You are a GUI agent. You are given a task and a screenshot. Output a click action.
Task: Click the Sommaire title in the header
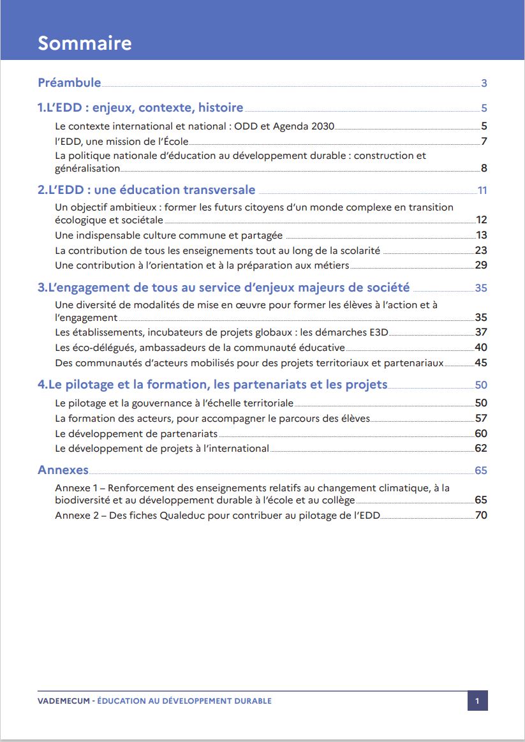[85, 43]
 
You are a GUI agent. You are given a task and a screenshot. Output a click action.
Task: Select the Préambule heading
[70, 82]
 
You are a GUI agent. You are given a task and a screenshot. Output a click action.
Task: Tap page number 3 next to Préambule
[484, 83]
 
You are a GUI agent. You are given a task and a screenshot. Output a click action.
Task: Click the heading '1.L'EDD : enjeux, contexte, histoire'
[140, 108]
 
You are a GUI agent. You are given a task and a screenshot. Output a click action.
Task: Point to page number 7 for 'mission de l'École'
[484, 141]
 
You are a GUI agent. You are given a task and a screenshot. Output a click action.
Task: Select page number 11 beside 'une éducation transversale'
[482, 190]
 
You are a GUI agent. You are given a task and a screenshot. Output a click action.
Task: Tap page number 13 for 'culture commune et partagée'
[481, 235]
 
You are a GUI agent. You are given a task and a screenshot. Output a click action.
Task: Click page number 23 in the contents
[481, 250]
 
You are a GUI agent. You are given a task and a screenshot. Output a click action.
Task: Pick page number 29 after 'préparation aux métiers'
[481, 265]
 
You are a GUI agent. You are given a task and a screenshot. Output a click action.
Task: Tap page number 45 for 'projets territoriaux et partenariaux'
[481, 362]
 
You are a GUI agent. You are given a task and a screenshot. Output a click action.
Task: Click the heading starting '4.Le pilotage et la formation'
[212, 384]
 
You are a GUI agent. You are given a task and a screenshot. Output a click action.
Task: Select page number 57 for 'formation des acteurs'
[481, 418]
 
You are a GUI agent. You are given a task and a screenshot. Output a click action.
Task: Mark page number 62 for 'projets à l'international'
[481, 448]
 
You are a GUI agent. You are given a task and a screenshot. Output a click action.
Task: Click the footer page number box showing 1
[477, 701]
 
